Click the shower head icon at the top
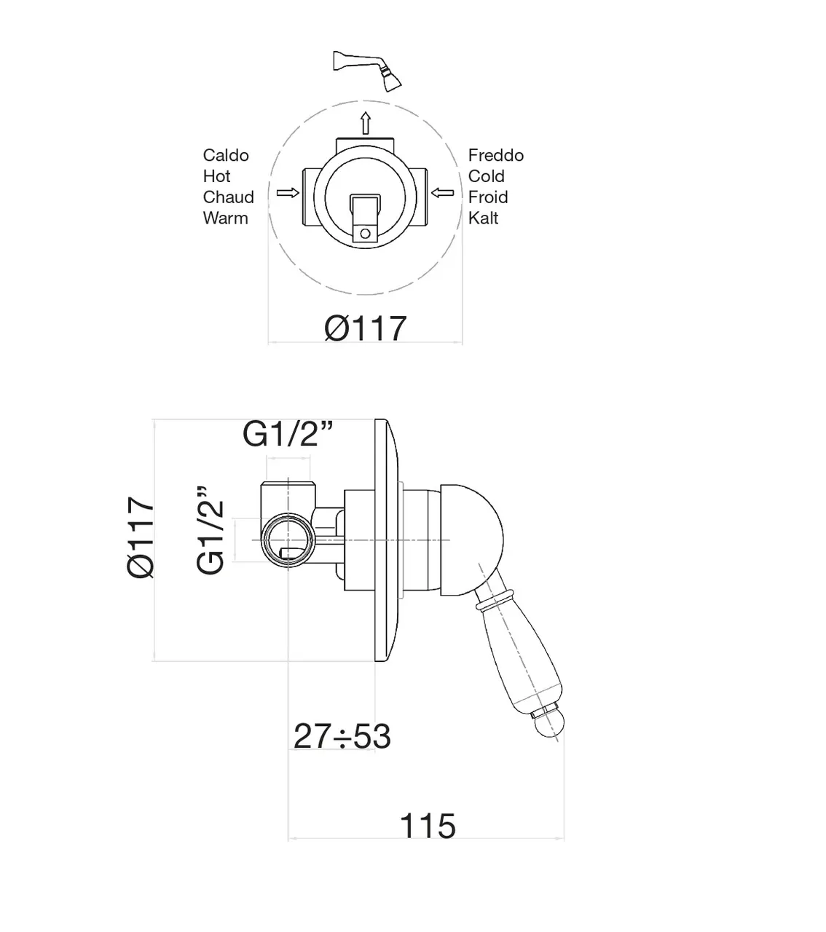pyautogui.click(x=367, y=71)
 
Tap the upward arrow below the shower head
pyautogui.click(x=366, y=123)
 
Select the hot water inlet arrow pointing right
pyautogui.click(x=288, y=193)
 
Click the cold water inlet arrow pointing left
pyautogui.click(x=442, y=193)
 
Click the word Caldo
pyautogui.click(x=226, y=156)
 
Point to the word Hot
pyautogui.click(x=217, y=176)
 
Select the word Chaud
pyautogui.click(x=228, y=197)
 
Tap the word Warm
pyautogui.click(x=226, y=218)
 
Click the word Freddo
pyautogui.click(x=495, y=156)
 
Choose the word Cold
pyautogui.click(x=486, y=176)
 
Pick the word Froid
pyautogui.click(x=488, y=197)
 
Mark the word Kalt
pyautogui.click(x=483, y=218)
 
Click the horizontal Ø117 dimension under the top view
pyautogui.click(x=366, y=328)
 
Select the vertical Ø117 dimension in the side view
pyautogui.click(x=141, y=537)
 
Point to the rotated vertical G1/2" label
pyautogui.click(x=210, y=530)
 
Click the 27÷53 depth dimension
pyautogui.click(x=342, y=736)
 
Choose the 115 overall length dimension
pyautogui.click(x=428, y=826)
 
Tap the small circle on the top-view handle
pyautogui.click(x=365, y=233)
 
